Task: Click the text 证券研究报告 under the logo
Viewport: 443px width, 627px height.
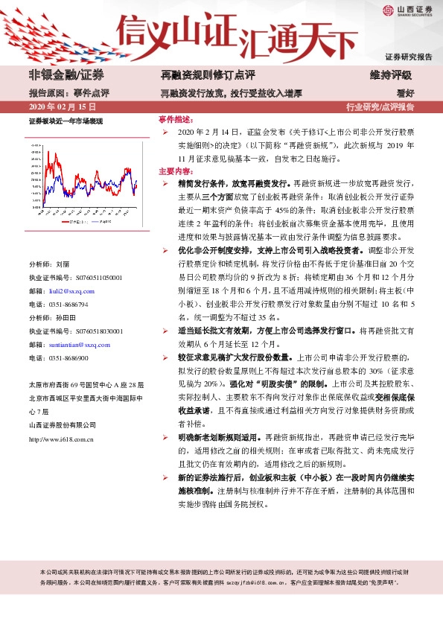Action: coord(409,57)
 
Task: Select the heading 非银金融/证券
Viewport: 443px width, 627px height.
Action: coord(66,75)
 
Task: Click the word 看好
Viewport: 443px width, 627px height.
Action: coord(405,94)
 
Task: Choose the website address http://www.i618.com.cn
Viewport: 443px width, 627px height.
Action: coord(61,439)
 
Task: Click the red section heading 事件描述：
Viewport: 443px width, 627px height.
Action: coord(175,119)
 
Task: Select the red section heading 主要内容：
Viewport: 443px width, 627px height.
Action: coord(175,171)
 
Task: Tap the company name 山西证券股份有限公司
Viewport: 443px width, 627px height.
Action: coord(62,424)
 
